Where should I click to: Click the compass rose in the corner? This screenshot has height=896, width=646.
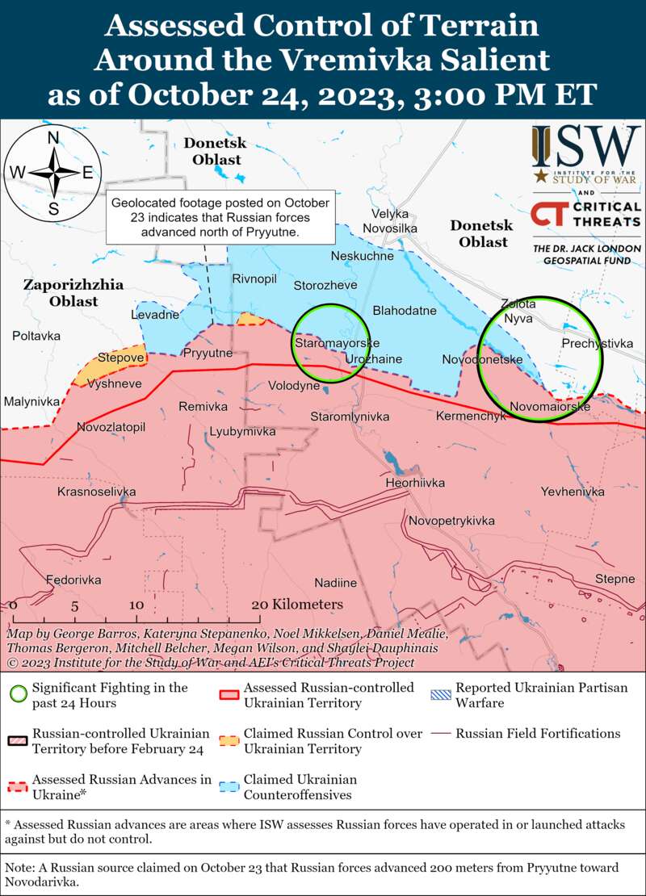click(x=53, y=172)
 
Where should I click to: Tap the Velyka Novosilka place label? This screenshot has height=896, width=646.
click(x=390, y=222)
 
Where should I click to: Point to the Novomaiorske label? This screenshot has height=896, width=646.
click(x=549, y=407)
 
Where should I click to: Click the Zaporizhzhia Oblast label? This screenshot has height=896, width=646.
click(x=61, y=293)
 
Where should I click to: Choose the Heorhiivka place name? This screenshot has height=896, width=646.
click(x=416, y=483)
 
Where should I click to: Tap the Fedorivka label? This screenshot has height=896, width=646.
click(x=73, y=580)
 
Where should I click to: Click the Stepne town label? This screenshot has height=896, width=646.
click(x=615, y=579)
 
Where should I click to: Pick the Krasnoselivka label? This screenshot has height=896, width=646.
click(x=97, y=492)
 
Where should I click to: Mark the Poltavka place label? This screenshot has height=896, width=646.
click(x=36, y=335)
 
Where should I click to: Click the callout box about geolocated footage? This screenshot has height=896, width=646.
click(x=220, y=219)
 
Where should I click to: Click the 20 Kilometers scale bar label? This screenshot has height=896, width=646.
click(x=297, y=605)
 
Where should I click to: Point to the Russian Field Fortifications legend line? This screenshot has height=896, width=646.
click(x=441, y=734)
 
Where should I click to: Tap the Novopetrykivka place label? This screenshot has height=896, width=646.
click(x=451, y=521)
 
